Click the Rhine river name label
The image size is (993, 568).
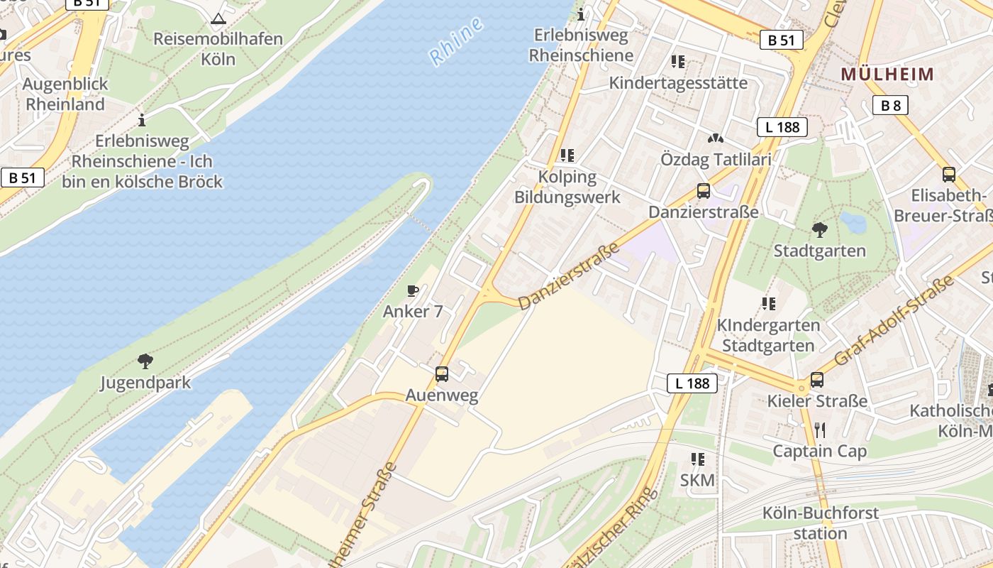coord(457,41)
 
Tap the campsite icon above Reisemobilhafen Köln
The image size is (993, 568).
coord(218,18)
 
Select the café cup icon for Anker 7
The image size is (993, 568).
coord(413,290)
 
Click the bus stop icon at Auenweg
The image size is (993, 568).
coord(442,374)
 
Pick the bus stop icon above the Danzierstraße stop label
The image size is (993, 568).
coord(704,191)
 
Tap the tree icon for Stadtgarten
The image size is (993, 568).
coord(820,230)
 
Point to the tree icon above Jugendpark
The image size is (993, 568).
coord(145,361)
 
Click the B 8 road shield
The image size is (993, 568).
coord(890,106)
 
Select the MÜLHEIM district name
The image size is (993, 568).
coord(887,74)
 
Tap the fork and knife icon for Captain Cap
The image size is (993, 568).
coord(820,430)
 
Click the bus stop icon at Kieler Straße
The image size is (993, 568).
coord(817,380)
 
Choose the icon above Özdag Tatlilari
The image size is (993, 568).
coord(716,138)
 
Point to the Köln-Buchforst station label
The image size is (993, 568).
coord(820,523)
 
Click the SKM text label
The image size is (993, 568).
coord(697,481)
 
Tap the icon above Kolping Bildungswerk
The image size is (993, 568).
coord(567,155)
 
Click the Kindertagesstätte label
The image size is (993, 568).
coord(678,83)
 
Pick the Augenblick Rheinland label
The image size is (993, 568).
coord(65,94)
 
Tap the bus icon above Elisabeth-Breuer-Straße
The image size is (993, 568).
coord(949,175)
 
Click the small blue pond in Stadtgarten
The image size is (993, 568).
coord(853,223)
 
